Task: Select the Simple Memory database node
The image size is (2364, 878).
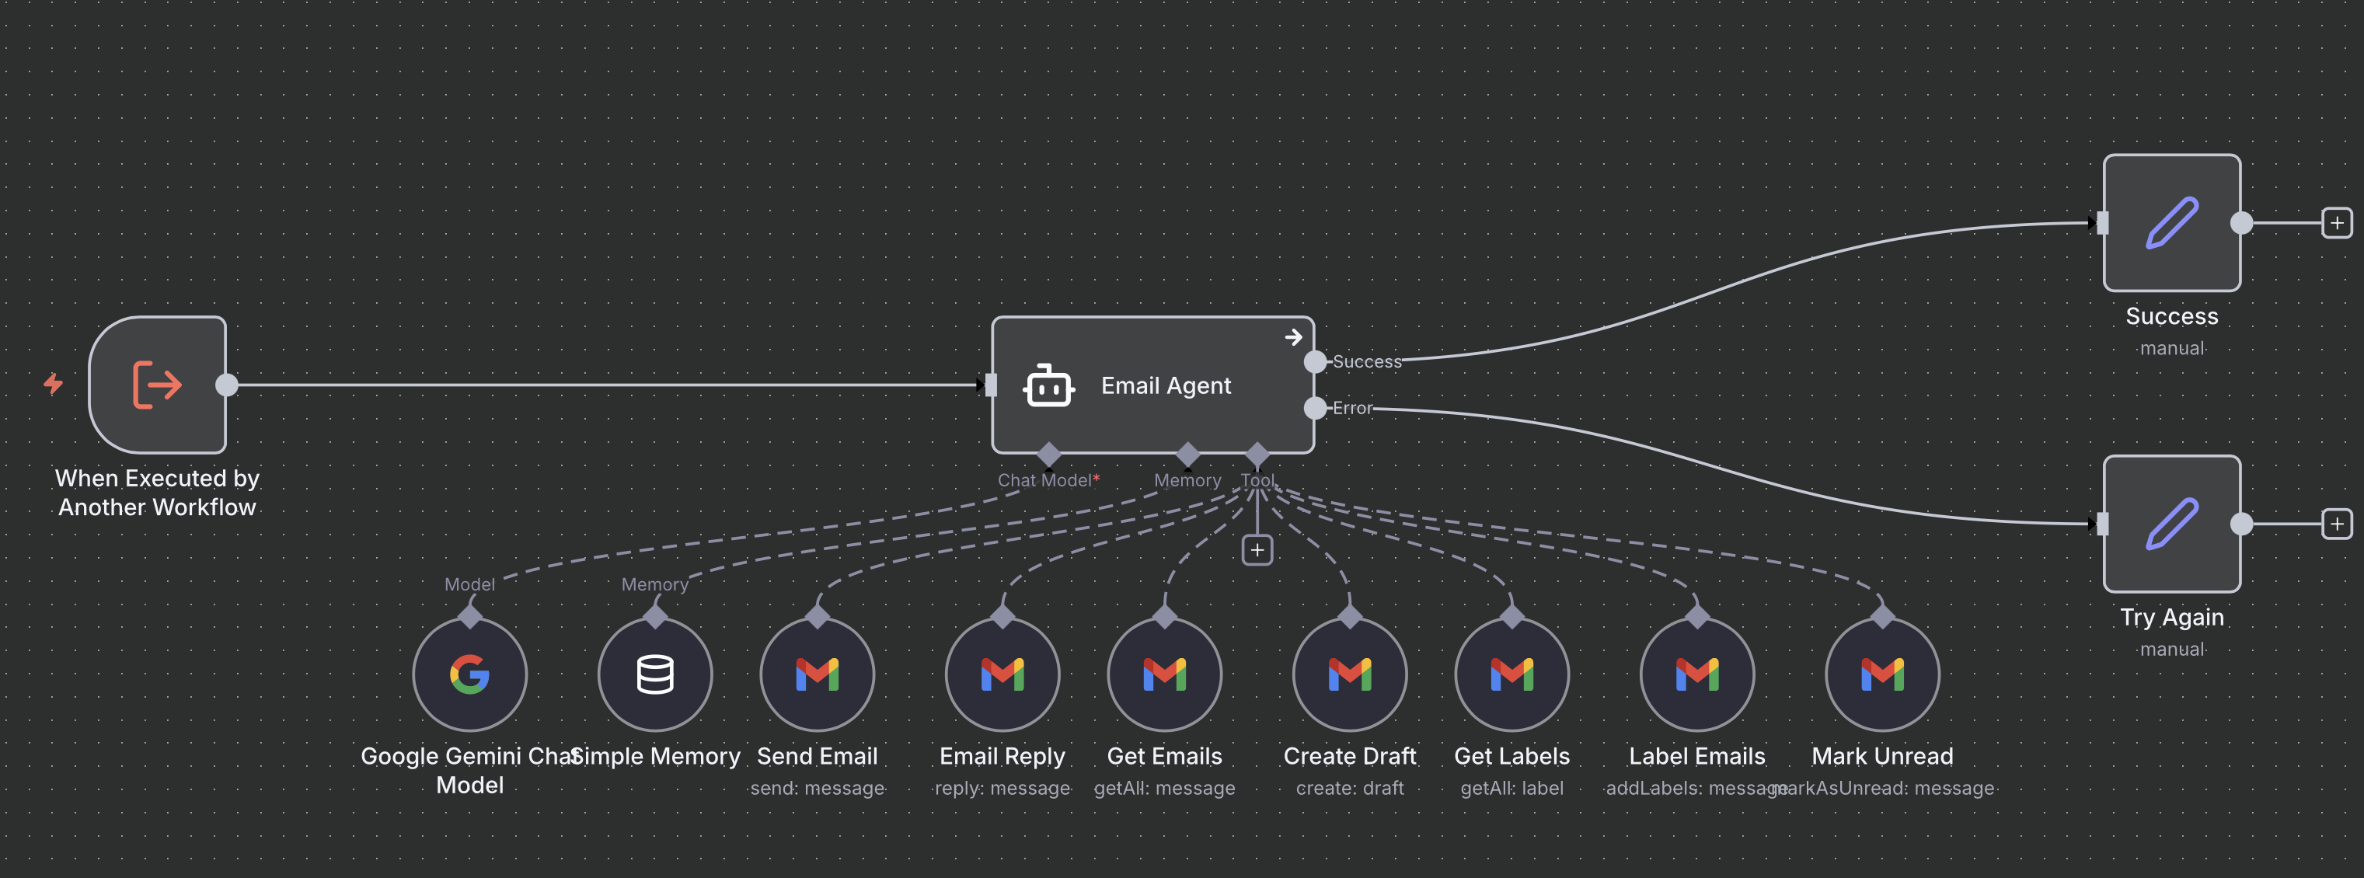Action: pyautogui.click(x=654, y=674)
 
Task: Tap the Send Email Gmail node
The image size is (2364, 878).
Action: pyautogui.click(x=817, y=674)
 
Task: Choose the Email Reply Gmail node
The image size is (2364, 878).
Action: pyautogui.click(x=1002, y=674)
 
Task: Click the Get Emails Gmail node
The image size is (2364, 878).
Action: pyautogui.click(x=1165, y=674)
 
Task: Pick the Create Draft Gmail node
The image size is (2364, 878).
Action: pyautogui.click(x=1350, y=674)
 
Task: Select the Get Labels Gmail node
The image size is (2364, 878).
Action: pyautogui.click(x=1511, y=674)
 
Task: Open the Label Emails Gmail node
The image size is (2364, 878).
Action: pyautogui.click(x=1696, y=674)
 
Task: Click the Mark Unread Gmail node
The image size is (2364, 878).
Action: pyautogui.click(x=1882, y=674)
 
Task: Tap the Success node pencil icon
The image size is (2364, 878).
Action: pyautogui.click(x=2171, y=223)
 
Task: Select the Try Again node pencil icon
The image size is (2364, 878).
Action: pyautogui.click(x=2171, y=524)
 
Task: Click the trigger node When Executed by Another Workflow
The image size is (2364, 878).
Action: pyautogui.click(x=157, y=385)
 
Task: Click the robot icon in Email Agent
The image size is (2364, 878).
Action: pyautogui.click(x=1048, y=386)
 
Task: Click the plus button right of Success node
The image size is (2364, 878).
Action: pyautogui.click(x=2337, y=223)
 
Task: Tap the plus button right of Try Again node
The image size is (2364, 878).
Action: pyautogui.click(x=2337, y=524)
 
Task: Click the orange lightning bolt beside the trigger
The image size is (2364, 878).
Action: pyautogui.click(x=53, y=384)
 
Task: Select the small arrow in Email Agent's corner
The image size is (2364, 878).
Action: pyautogui.click(x=1293, y=338)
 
